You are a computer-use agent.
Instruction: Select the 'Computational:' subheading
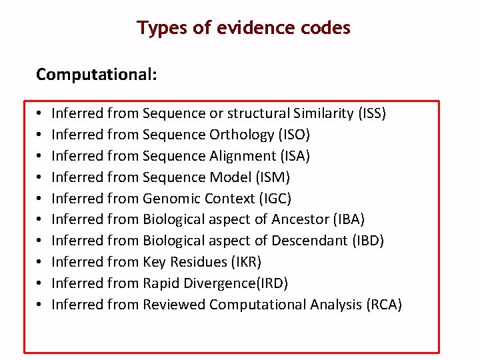click(97, 74)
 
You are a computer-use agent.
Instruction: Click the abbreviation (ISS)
click(372, 113)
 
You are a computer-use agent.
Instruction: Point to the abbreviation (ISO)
click(295, 135)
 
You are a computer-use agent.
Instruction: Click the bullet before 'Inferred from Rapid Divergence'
click(40, 283)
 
